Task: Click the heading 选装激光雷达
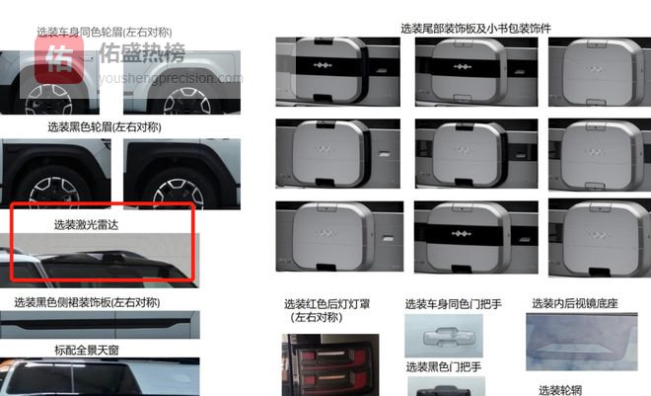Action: (86, 225)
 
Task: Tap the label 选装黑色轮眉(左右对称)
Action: (105, 126)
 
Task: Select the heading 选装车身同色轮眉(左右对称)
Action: (105, 32)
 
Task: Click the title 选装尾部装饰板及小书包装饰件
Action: (475, 29)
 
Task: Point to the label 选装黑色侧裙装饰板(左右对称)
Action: (87, 302)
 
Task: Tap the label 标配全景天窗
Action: (87, 350)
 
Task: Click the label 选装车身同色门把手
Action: (454, 304)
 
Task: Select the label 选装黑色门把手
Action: (444, 367)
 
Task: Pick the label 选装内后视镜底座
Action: (575, 303)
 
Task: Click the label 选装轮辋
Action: (560, 390)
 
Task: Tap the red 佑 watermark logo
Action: (59, 60)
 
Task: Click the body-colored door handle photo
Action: (444, 336)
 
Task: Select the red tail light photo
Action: (330, 364)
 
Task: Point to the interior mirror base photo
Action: (582, 342)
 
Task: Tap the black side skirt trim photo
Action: (100, 325)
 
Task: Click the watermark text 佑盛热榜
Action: (142, 52)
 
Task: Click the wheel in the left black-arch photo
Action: (54, 192)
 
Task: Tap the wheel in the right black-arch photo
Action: (179, 194)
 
